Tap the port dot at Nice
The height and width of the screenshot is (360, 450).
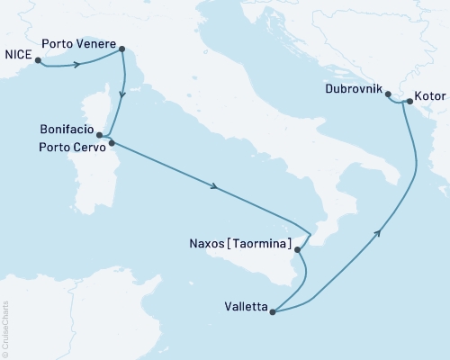coord(39,59)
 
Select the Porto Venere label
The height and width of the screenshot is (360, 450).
coord(79,42)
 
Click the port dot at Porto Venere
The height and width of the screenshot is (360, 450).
coord(122,50)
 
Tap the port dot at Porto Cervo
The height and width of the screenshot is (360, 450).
coord(111,142)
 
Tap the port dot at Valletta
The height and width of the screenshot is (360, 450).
coord(272,311)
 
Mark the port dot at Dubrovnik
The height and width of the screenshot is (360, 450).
coord(388,94)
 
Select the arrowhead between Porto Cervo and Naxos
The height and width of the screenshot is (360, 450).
coord(213,187)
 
